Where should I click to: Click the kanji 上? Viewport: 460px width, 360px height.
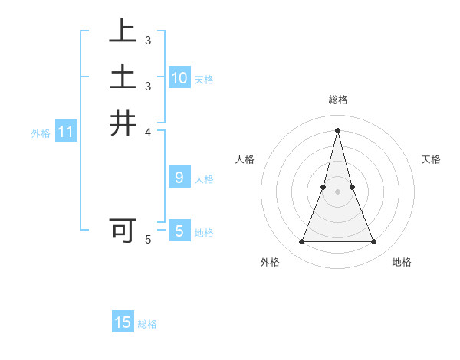tap(123, 32)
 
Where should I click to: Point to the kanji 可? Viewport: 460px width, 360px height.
tap(123, 230)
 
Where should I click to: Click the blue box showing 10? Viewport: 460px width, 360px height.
tap(179, 77)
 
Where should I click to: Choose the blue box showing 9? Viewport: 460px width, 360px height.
tap(179, 178)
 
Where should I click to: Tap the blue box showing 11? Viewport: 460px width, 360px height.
tap(66, 133)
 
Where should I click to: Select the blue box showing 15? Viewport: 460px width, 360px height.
tap(123, 322)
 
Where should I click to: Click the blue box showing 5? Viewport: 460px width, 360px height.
tap(179, 231)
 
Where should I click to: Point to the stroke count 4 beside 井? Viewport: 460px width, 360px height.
tap(147, 132)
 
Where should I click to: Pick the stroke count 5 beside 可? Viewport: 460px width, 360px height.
tap(148, 240)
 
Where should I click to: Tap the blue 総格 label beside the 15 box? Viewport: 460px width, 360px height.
tap(148, 324)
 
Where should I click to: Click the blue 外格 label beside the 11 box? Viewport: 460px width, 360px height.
tap(41, 133)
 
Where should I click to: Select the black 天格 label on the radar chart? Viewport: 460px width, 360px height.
tap(431, 159)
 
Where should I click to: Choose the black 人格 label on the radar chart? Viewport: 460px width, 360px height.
tap(245, 159)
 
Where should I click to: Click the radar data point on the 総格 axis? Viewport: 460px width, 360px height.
tap(337, 130)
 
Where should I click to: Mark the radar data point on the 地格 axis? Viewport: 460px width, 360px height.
tap(374, 242)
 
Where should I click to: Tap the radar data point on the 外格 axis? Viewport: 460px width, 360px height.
tap(301, 242)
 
